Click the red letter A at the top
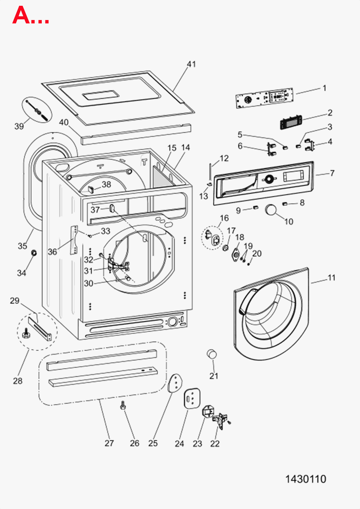21,15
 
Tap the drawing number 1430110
305,479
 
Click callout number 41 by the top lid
191,64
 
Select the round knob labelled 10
271,210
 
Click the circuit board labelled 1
264,98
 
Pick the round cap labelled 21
212,354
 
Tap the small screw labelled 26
123,405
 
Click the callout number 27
109,443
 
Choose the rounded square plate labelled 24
192,398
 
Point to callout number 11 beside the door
331,278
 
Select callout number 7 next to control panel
332,173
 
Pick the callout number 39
19,126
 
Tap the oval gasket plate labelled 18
236,253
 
